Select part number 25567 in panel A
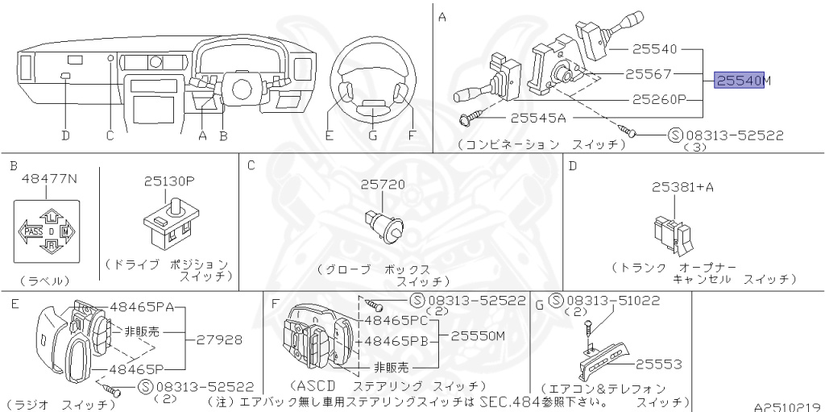pos(649,74)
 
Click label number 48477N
pos(49,179)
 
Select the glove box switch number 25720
pos(383,185)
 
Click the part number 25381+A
pos(683,187)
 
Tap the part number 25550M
pos(478,335)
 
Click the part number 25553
pos(659,364)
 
